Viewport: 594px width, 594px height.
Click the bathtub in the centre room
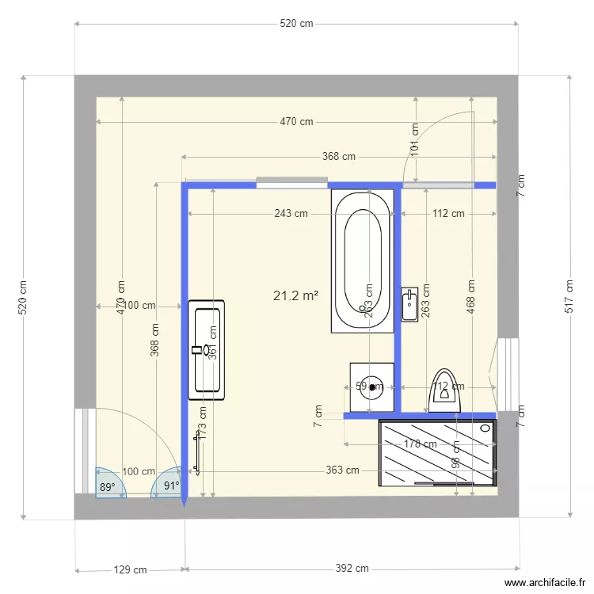pyautogui.click(x=363, y=261)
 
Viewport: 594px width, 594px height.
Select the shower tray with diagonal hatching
pyautogui.click(x=438, y=452)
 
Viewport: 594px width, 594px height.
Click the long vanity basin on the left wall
pyautogui.click(x=207, y=349)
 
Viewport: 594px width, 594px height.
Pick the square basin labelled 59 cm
pyautogui.click(x=371, y=387)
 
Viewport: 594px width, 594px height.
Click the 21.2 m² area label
pyautogui.click(x=295, y=296)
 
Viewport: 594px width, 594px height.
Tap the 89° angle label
pyautogui.click(x=107, y=487)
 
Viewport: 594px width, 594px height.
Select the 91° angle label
pyautogui.click(x=171, y=486)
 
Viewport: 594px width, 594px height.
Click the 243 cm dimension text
pyautogui.click(x=291, y=213)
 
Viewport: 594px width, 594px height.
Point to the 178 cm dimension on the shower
pyautogui.click(x=421, y=444)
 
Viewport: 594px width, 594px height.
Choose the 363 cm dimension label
pyautogui.click(x=342, y=470)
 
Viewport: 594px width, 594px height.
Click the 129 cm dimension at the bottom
pyautogui.click(x=131, y=569)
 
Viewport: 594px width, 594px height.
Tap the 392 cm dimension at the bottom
pyautogui.click(x=352, y=569)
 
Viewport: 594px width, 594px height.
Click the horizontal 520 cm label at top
pyautogui.click(x=296, y=24)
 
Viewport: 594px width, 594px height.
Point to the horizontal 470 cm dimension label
pyautogui.click(x=296, y=122)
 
